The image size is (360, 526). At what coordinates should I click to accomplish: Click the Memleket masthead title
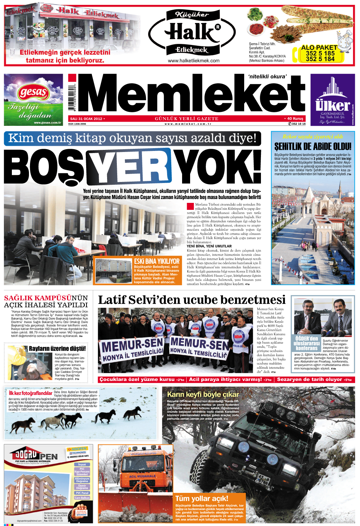190,95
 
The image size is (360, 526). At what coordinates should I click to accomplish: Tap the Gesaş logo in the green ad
34,93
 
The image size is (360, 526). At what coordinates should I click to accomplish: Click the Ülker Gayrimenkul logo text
332,105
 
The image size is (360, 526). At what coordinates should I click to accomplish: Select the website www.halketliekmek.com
193,61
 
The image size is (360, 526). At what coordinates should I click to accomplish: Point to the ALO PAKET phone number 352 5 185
320,53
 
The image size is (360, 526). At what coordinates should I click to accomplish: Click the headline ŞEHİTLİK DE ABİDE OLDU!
313,146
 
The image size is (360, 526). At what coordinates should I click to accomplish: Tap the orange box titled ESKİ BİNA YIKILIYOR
157,270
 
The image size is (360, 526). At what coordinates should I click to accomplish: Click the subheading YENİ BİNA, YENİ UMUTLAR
209,246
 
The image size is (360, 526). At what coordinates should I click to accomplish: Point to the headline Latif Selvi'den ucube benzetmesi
192,300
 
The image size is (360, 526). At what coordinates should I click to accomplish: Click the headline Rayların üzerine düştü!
57,349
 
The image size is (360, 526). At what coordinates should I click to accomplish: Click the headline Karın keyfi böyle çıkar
203,394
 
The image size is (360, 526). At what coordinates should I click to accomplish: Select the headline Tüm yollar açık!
202,498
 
